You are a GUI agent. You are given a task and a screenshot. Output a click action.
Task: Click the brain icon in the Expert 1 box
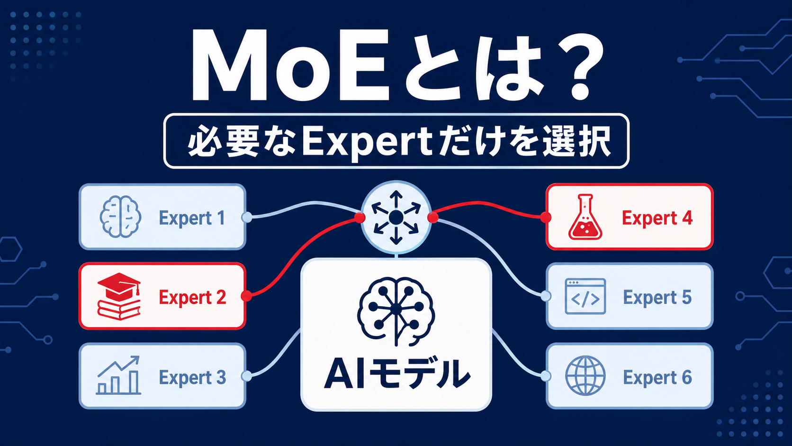120,217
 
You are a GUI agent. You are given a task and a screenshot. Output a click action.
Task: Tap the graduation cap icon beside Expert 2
119,296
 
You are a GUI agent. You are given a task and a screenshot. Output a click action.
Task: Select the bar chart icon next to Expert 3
118,375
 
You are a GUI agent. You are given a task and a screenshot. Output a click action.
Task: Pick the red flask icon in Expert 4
585,217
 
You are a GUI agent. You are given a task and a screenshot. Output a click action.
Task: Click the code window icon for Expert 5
585,296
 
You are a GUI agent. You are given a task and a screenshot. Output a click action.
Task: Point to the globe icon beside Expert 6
585,375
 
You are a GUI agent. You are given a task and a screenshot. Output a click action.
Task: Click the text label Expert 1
192,218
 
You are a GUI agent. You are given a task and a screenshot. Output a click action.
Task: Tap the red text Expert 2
192,298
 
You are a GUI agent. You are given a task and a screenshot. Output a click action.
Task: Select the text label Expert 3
192,377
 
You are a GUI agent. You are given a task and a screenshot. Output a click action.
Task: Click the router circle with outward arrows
396,217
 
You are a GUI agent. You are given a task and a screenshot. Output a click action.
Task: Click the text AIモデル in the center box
396,374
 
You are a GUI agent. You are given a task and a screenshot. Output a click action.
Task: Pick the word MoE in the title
290,65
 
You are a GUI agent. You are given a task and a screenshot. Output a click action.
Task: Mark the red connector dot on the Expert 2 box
246,296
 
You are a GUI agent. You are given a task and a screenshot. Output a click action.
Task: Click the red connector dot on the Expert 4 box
546,217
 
